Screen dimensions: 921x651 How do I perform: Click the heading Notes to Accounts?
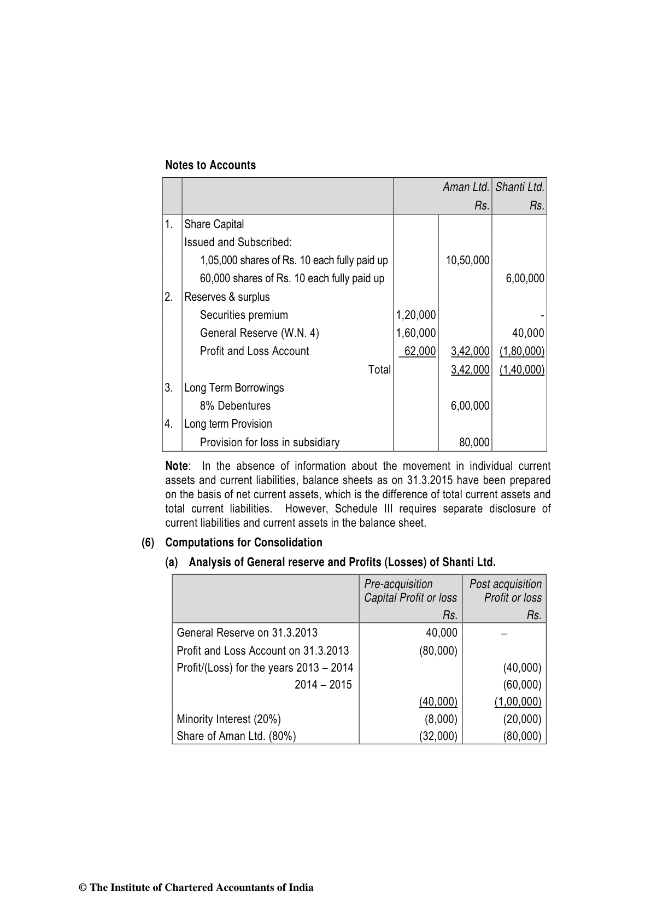(210, 165)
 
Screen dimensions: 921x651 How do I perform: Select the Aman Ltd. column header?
(466, 187)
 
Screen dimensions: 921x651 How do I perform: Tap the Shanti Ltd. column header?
(519, 187)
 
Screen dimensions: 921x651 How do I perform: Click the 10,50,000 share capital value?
(467, 260)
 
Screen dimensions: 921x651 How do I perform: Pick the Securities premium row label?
(244, 315)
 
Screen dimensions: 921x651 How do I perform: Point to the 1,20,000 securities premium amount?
(416, 315)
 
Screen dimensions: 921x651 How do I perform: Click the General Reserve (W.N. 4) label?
(260, 333)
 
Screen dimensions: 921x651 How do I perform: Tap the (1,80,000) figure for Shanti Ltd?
(522, 351)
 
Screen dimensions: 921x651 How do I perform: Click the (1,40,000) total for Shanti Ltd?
(522, 370)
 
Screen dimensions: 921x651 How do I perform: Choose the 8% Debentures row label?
(235, 406)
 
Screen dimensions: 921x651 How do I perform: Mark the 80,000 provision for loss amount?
(474, 442)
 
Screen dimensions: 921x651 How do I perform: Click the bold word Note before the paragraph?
(177, 466)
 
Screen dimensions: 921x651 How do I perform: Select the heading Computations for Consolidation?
(244, 543)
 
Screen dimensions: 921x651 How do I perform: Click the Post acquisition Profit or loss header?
(505, 591)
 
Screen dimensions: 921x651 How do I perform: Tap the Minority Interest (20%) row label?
(228, 719)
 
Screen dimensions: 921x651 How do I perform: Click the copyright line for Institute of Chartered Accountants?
(197, 888)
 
